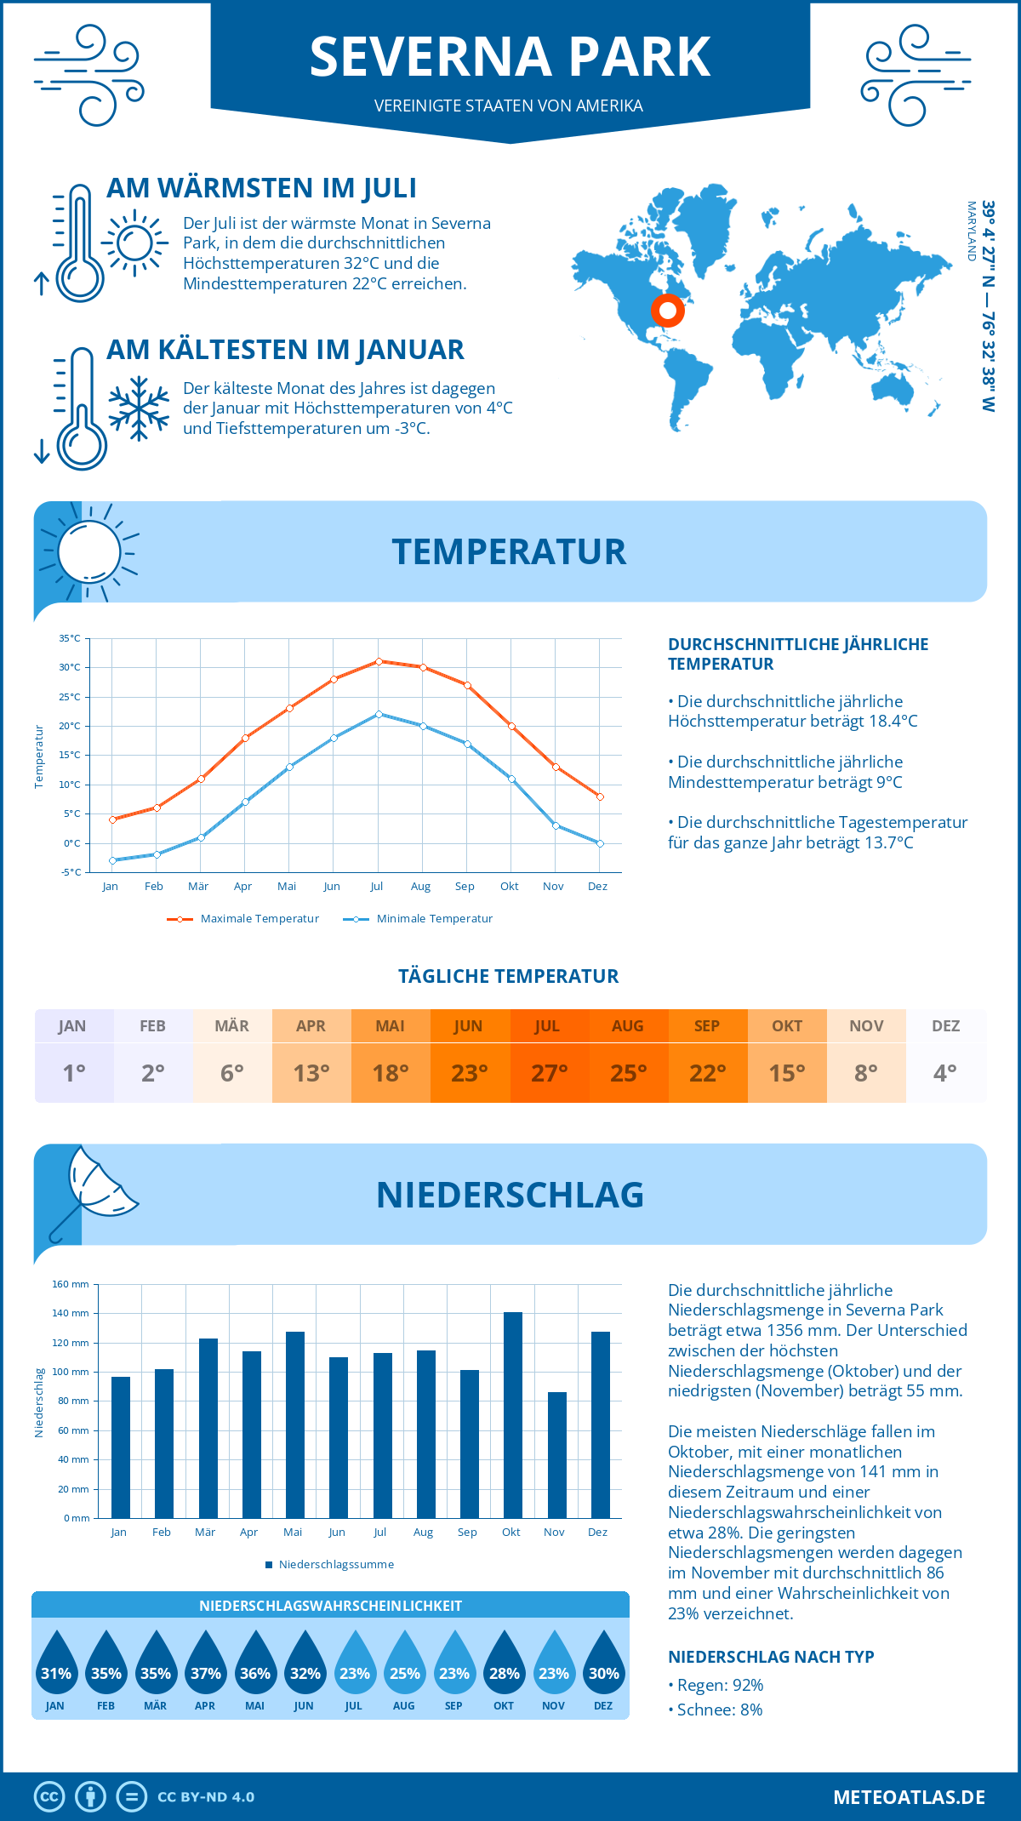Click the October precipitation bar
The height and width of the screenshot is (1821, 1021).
coord(512,1416)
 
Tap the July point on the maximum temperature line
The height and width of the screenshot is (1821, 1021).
coord(379,661)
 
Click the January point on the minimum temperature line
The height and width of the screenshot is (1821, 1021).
coord(112,860)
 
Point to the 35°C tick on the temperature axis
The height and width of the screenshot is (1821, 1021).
coord(70,638)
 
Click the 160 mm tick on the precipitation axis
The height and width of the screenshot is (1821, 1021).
coord(71,1284)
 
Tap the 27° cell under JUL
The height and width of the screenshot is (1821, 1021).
coord(549,1073)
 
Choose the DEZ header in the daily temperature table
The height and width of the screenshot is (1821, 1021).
coord(945,1026)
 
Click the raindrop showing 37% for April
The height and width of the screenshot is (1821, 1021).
coord(205,1663)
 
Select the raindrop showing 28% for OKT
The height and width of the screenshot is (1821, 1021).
coord(504,1663)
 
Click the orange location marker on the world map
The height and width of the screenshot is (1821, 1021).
coord(668,311)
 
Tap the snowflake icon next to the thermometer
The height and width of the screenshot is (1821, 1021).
coord(139,408)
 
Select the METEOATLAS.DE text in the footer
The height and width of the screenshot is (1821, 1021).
coord(909,1797)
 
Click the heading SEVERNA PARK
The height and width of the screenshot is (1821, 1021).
coord(510,58)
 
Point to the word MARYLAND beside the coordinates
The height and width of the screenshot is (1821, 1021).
coord(971,231)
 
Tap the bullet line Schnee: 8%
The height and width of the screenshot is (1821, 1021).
coord(715,1710)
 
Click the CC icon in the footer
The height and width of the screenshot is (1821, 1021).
coord(49,1797)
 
